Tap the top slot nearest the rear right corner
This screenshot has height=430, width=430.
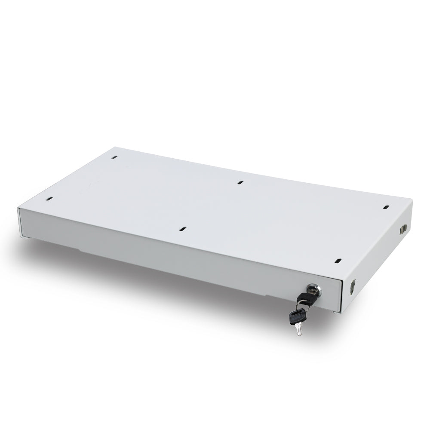pos(385,207)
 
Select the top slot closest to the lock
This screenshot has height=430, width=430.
pos(338,261)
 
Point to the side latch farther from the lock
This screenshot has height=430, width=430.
pos(404,228)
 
